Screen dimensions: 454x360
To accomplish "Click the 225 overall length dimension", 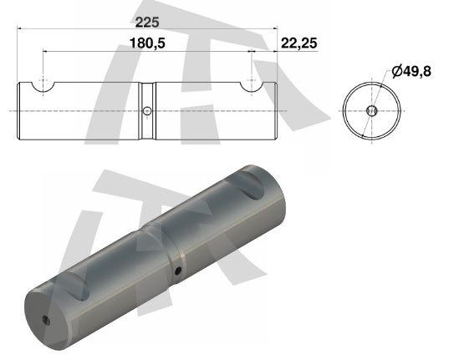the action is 147,23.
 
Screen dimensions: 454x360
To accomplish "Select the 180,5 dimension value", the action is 147,43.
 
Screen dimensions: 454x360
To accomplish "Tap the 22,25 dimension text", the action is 299,43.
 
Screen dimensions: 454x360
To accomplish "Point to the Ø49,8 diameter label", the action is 411,71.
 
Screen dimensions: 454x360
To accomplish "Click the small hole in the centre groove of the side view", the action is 147,111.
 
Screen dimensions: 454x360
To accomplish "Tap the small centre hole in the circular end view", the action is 371,110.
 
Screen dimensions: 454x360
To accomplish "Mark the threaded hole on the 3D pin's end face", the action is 46,320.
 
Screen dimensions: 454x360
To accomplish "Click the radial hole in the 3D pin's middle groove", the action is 178,271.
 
